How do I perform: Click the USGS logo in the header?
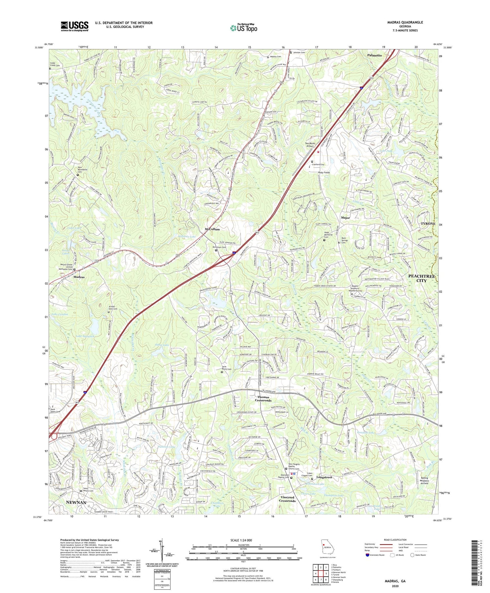pos(74,26)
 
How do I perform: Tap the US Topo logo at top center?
pos(243,28)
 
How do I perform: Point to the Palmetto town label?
pos(374,55)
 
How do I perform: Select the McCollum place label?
pos(212,229)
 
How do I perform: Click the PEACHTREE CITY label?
pos(422,278)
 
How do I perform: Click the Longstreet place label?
pos(324,477)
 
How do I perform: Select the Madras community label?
pos(79,277)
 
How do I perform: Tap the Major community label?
pos(345,218)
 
